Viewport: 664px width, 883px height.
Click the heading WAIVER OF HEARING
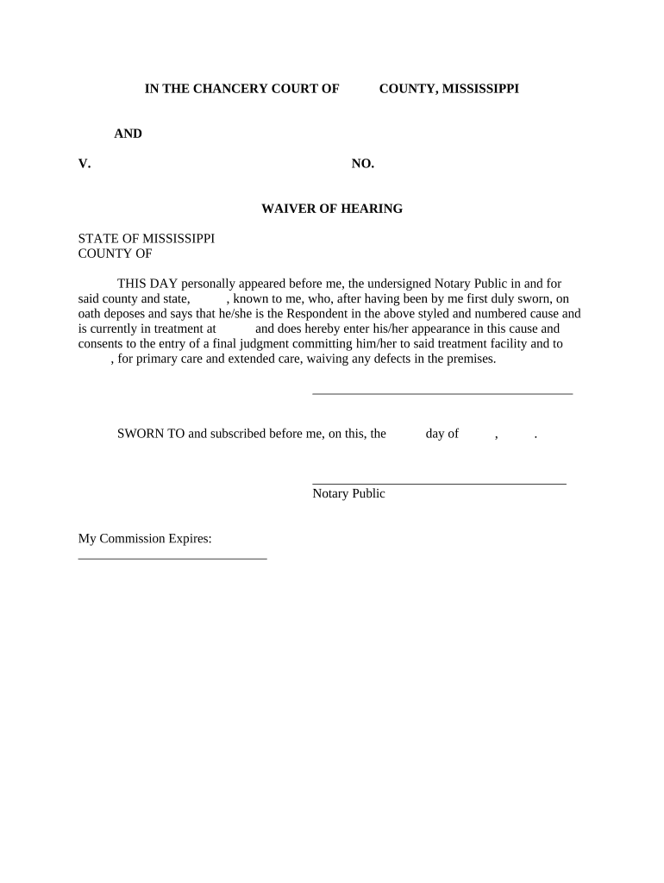point(332,209)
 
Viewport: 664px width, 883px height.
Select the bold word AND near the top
point(128,134)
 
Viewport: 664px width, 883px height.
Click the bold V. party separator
point(85,163)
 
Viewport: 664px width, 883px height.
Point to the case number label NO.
point(362,163)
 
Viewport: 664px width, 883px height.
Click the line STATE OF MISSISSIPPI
point(147,238)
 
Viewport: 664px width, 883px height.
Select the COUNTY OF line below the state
point(116,254)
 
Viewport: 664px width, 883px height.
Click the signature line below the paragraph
point(442,393)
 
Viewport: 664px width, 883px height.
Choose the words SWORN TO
point(151,434)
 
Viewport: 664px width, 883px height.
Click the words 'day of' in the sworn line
point(442,434)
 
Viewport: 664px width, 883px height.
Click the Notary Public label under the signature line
point(348,494)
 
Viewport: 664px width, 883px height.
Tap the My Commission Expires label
point(145,539)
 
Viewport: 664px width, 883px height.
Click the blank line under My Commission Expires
point(172,559)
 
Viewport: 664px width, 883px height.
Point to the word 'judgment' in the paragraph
point(260,344)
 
